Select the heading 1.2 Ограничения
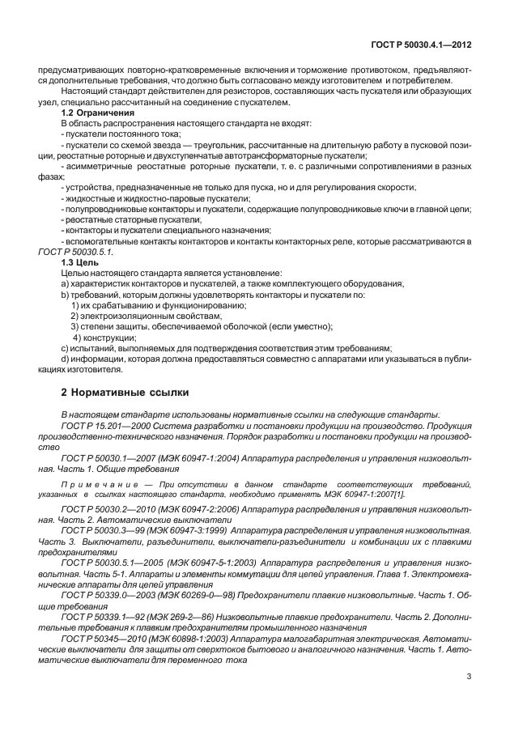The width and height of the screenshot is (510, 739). (x=96, y=113)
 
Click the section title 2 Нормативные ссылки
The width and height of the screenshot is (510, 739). (x=125, y=393)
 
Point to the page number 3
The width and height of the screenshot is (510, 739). (x=470, y=676)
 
